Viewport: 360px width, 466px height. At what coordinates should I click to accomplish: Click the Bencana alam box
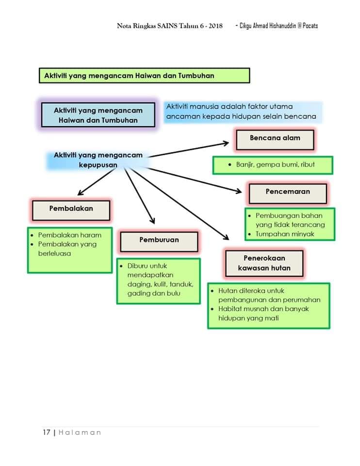click(x=275, y=139)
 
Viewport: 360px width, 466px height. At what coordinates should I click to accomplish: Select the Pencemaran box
click(x=288, y=194)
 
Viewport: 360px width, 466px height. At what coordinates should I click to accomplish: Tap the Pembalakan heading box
click(x=71, y=210)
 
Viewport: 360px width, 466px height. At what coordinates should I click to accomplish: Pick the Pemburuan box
click(x=159, y=242)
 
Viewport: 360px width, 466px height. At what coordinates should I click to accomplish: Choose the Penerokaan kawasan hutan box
click(x=264, y=263)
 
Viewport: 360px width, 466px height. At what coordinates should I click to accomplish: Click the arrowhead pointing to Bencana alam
click(x=226, y=144)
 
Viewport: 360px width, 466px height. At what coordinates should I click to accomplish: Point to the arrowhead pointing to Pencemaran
click(x=239, y=191)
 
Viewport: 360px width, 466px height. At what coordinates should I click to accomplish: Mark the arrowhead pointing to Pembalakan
click(x=81, y=193)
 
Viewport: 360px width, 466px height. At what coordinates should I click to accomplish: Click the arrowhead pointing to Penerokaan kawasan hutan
click(x=226, y=237)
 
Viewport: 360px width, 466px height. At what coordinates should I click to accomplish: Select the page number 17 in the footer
click(x=47, y=432)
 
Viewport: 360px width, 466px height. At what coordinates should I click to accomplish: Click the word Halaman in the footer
click(x=80, y=433)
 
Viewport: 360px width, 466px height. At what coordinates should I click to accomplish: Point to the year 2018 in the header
click(x=215, y=26)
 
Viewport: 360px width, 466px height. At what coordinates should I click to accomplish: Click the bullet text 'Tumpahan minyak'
click(x=285, y=234)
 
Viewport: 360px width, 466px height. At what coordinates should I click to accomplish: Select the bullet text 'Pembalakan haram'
click(x=70, y=235)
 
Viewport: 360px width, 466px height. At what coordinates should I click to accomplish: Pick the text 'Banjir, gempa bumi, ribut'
click(x=276, y=165)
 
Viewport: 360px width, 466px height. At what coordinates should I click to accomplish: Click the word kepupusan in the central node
click(x=98, y=165)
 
